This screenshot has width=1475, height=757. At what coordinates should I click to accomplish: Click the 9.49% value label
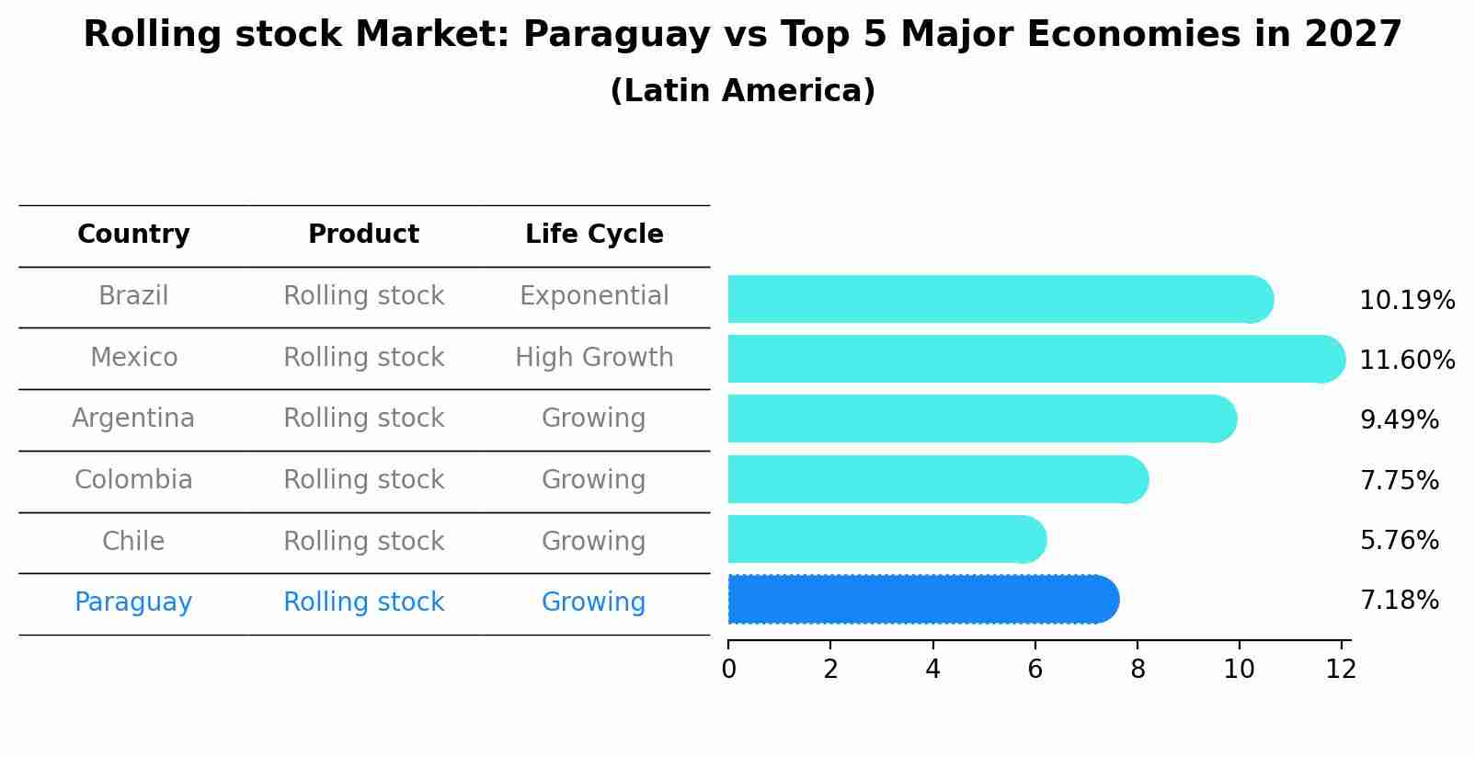tap(1399, 420)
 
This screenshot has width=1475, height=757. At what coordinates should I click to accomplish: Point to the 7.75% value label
tap(1399, 480)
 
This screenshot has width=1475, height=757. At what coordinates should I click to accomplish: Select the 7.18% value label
tap(1399, 601)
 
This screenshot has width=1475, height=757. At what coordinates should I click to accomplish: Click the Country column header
tap(133, 235)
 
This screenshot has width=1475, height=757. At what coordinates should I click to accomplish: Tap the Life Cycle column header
tap(594, 235)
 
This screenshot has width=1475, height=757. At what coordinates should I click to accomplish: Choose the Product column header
tap(363, 235)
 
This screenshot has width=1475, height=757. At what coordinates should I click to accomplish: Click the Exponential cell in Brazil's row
tap(594, 296)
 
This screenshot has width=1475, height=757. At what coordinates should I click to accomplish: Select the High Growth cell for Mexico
tap(594, 358)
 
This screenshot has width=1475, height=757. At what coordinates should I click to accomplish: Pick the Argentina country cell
tap(133, 419)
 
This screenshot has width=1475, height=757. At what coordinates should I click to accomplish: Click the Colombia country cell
tap(133, 480)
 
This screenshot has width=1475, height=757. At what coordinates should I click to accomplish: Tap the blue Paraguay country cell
tap(133, 602)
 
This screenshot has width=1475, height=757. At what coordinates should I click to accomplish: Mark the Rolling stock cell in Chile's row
tap(363, 542)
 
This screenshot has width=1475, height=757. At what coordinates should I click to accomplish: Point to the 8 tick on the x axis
tap(1138, 669)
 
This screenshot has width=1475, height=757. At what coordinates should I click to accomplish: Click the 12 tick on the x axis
tap(1341, 669)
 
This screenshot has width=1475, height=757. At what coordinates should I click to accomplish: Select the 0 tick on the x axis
tap(728, 669)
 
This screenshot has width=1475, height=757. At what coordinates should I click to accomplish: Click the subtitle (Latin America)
tap(742, 91)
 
